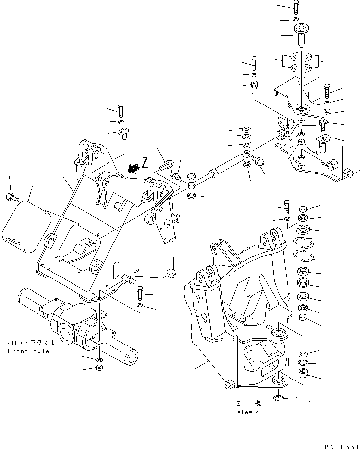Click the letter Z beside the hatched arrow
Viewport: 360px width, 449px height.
coord(144,162)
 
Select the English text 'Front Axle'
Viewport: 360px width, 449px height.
coord(29,351)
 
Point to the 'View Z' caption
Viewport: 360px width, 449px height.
coord(248,412)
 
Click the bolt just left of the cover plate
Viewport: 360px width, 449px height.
coord(12,197)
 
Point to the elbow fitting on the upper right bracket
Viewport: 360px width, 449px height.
coord(324,121)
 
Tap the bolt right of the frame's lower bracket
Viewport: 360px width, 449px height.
coord(139,294)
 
